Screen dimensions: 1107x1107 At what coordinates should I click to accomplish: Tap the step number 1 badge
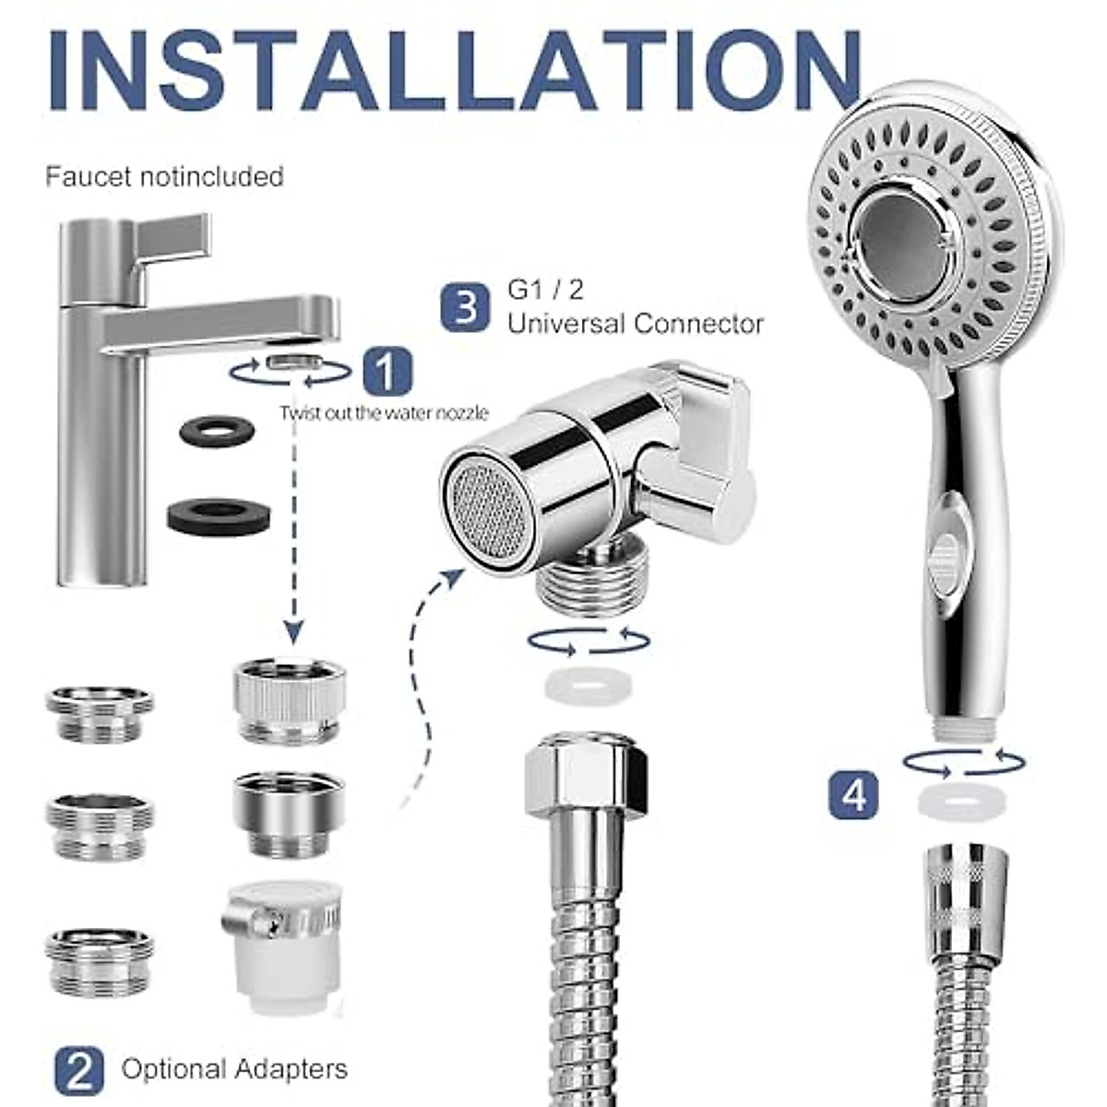coord(387,372)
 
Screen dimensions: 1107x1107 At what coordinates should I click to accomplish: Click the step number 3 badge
coord(465,307)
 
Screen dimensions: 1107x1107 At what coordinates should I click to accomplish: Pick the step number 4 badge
coord(853,794)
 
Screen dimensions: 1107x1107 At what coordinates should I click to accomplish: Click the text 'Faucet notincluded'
coord(164,176)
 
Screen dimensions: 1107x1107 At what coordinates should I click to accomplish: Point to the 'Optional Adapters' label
coord(234,1069)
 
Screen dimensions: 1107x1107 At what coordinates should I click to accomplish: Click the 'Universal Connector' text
coord(635,324)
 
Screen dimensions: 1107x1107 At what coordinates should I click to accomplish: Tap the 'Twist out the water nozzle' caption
coord(384,413)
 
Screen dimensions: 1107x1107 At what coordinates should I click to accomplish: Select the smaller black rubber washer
coord(219,431)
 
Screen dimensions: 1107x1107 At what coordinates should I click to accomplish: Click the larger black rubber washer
coord(219,514)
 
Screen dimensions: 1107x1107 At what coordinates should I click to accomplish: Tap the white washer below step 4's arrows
coord(962,800)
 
